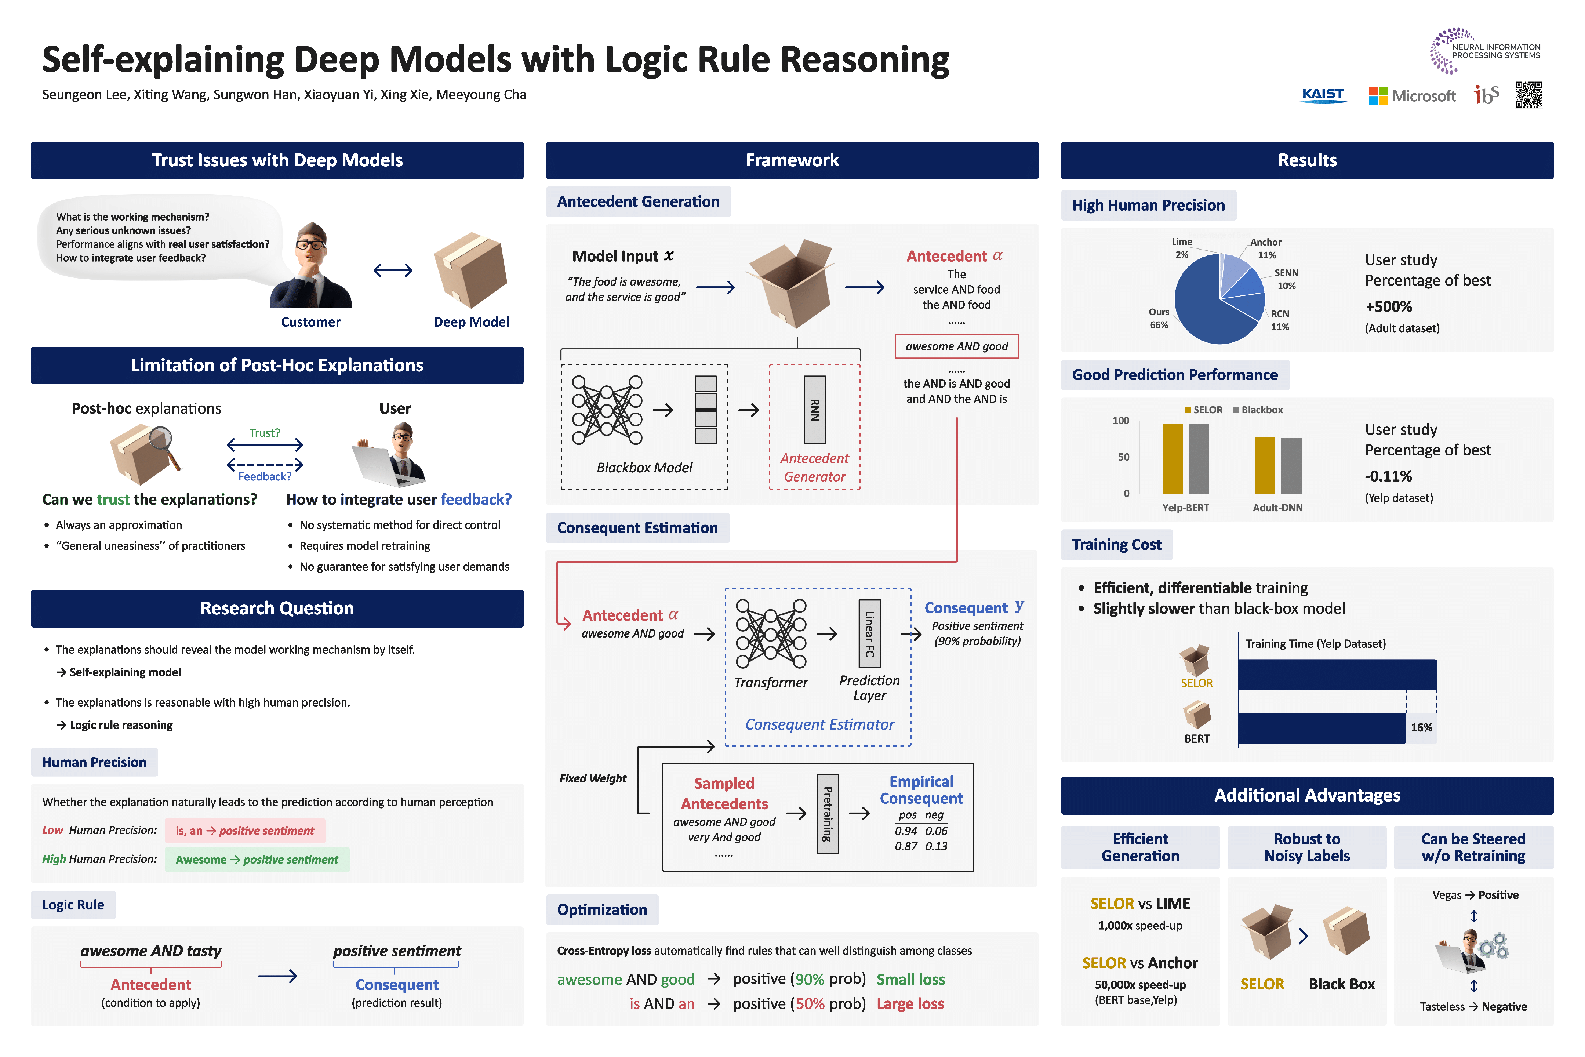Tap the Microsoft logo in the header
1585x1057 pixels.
click(x=1412, y=96)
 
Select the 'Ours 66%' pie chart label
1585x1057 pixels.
click(x=1159, y=318)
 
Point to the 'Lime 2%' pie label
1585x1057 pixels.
click(x=1181, y=247)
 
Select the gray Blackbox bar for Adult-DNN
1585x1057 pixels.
click(x=1291, y=465)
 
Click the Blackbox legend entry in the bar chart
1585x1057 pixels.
click(x=1258, y=410)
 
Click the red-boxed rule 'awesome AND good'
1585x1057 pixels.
click(x=956, y=346)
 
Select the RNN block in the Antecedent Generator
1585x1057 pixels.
click(x=814, y=410)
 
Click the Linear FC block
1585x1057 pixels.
click(x=869, y=634)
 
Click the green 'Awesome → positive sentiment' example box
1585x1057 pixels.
click(x=257, y=860)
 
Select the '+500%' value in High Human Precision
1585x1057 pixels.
click(x=1388, y=307)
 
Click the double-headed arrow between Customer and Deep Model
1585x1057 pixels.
click(x=393, y=270)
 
